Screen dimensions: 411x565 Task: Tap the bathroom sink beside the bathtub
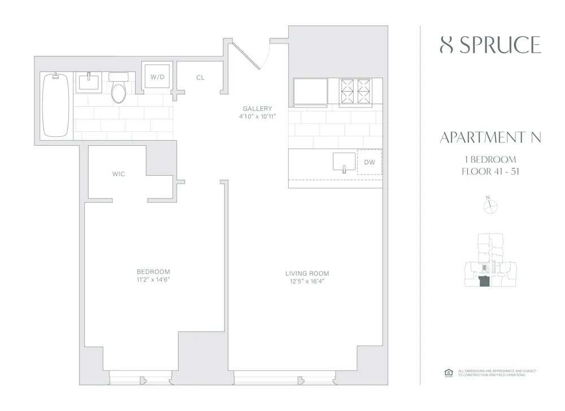click(90, 83)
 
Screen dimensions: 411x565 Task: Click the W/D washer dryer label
click(157, 77)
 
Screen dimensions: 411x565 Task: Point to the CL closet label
click(201, 77)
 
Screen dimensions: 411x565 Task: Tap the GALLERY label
click(257, 109)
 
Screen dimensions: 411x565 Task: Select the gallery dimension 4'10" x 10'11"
click(257, 117)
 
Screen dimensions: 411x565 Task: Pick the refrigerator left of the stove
click(310, 91)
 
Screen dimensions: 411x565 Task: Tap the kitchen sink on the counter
click(344, 162)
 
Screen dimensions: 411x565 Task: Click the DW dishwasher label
click(370, 163)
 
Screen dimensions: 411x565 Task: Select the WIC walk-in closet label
click(118, 174)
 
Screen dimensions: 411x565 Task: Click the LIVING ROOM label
click(307, 274)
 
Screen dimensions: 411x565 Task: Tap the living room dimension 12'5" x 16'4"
click(307, 282)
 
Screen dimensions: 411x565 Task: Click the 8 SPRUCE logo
click(490, 45)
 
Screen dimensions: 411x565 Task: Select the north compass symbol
click(489, 207)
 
